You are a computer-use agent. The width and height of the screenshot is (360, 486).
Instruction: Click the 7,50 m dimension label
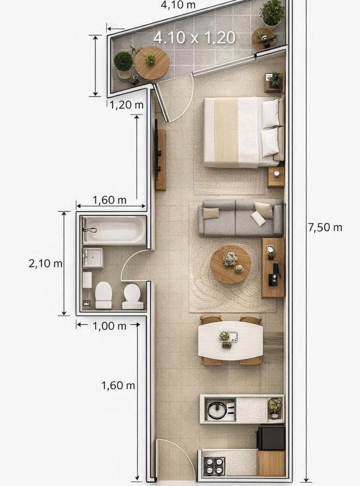click(325, 228)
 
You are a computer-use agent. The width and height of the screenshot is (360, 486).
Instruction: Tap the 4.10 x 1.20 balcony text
click(194, 37)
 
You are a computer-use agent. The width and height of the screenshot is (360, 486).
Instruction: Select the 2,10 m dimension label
click(45, 264)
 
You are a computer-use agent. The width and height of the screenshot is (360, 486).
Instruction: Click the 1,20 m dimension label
click(126, 105)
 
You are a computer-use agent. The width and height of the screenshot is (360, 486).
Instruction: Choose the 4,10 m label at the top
click(178, 5)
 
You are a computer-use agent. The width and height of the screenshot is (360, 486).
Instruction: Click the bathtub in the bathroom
click(114, 230)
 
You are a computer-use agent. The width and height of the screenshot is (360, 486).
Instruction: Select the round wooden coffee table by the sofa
click(230, 264)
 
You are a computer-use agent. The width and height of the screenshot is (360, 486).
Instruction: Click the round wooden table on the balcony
click(152, 63)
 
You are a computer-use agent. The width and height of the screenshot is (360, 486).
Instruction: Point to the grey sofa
click(241, 218)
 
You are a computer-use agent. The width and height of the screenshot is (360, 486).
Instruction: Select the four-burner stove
click(214, 466)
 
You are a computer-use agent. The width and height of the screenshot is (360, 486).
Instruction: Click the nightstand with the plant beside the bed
click(274, 82)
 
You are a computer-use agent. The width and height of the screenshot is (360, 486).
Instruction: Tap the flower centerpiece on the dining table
click(225, 337)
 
